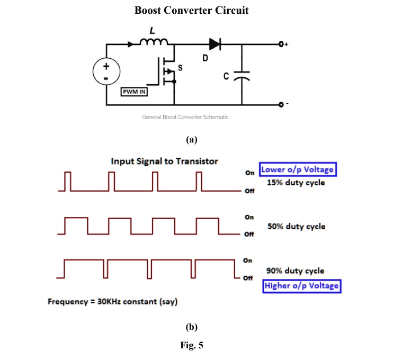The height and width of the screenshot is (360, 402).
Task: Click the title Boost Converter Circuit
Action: (191, 11)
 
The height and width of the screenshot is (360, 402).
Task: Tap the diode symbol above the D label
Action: (215, 43)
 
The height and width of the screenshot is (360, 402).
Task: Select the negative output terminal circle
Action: (282, 105)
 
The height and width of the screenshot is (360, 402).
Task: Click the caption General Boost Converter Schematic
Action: (185, 117)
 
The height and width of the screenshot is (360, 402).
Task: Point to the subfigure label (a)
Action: (192, 140)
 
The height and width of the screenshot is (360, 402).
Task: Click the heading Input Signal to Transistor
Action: (164, 161)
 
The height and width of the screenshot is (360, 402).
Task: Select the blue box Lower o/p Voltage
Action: (298, 170)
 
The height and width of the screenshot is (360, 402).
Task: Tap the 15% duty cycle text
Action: (296, 183)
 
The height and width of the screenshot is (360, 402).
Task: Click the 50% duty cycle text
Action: (296, 227)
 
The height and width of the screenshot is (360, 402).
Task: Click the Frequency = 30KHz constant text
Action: (112, 302)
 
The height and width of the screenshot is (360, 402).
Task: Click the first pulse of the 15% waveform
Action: (67, 181)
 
